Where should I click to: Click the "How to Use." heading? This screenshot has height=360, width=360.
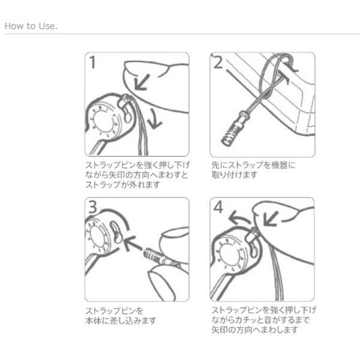tap(31, 26)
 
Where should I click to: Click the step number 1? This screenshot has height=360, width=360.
tap(92, 62)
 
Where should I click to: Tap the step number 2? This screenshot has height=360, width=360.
tap(218, 62)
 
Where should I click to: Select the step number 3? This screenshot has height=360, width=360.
tap(92, 207)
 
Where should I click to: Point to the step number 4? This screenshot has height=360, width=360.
tap(218, 207)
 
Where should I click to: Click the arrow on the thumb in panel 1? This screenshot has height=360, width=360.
tap(142, 82)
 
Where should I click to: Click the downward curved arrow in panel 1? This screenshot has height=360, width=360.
tap(154, 119)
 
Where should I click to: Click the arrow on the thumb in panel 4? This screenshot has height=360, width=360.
tap(270, 218)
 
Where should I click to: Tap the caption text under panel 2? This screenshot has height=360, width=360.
tap(253, 170)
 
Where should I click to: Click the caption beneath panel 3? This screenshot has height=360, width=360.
tap(121, 316)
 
